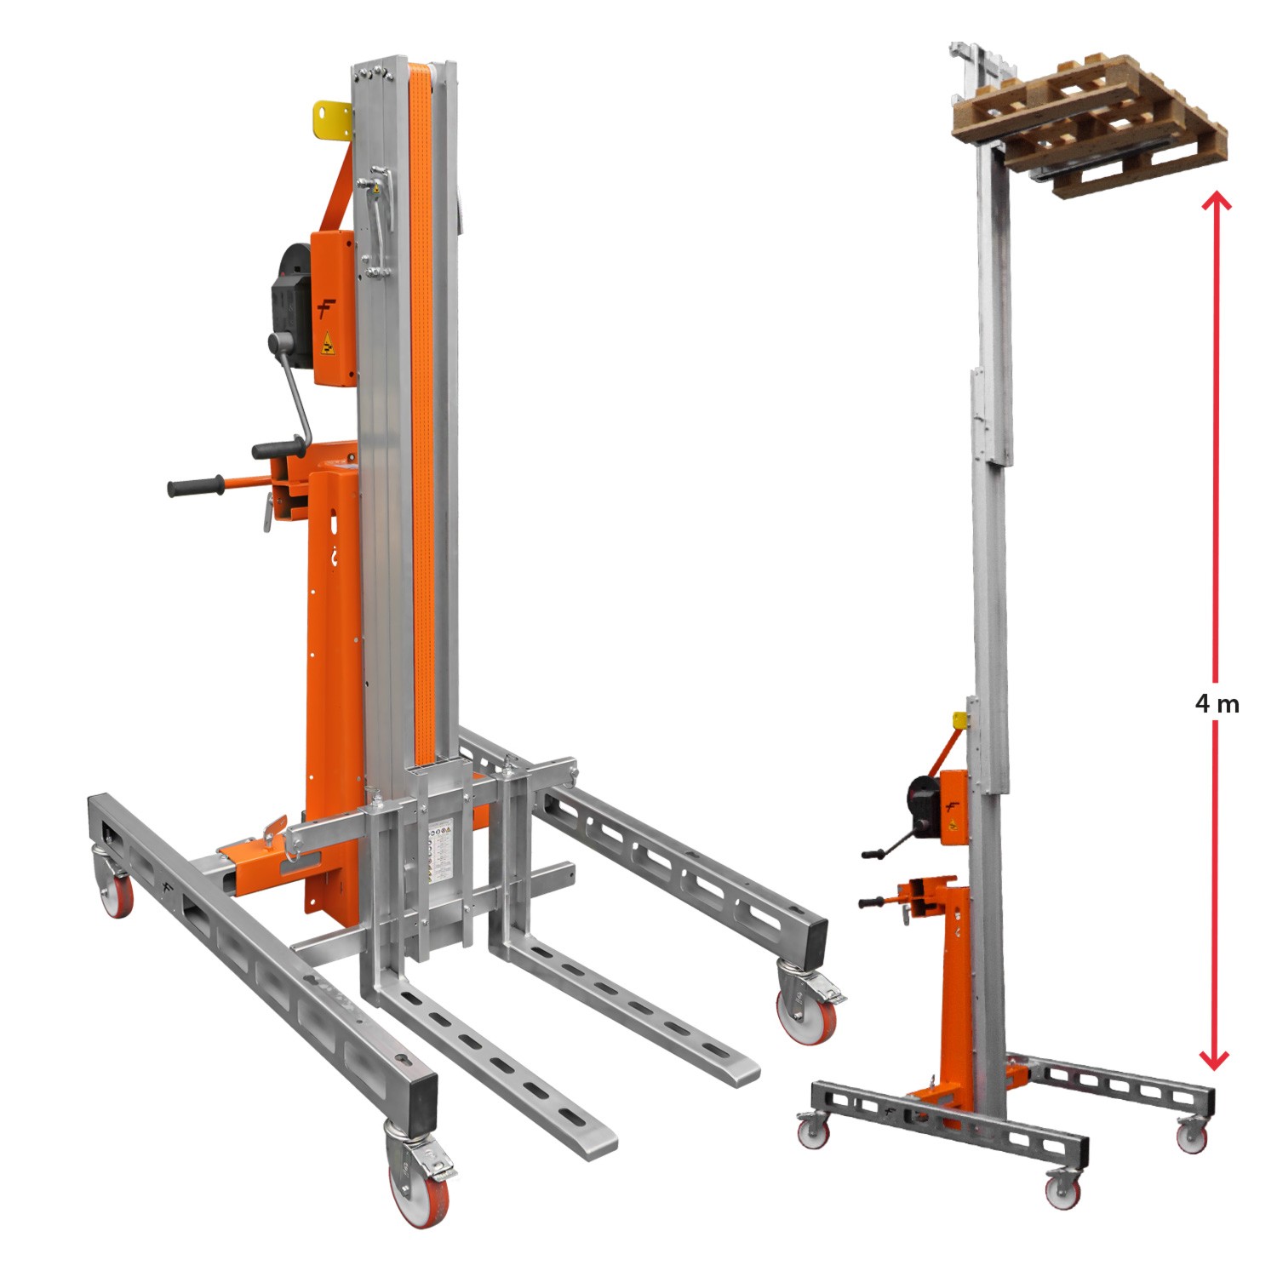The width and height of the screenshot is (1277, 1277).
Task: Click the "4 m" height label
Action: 1217,704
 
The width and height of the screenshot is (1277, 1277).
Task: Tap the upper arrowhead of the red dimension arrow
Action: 1216,201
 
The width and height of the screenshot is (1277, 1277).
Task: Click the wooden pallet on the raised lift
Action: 1091,124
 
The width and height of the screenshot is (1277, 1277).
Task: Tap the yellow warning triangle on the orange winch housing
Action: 325,346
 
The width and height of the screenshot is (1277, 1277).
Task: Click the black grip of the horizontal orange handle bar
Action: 195,488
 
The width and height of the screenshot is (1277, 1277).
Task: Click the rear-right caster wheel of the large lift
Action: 807,1012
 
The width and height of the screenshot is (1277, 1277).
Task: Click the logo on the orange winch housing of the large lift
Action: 325,308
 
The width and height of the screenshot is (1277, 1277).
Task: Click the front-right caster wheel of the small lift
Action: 1063,1188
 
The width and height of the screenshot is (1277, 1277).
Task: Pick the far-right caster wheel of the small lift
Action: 1193,1135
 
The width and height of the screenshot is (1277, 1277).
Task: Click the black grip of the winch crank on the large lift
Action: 278,449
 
